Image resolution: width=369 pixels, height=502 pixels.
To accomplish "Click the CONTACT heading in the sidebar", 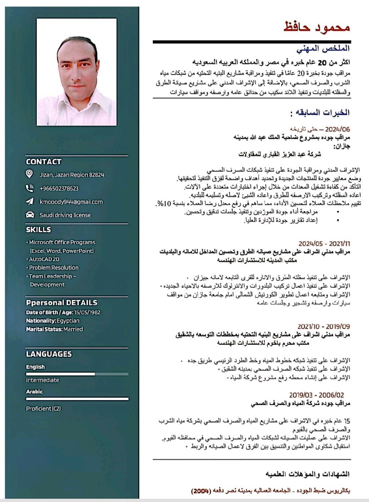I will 44,162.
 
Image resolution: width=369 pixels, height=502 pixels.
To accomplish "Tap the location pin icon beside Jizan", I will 30,174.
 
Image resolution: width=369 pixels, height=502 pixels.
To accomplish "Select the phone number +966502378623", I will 59,188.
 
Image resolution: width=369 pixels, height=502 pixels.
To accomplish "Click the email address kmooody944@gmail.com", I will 71,202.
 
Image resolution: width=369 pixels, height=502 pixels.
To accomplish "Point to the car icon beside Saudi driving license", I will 30,215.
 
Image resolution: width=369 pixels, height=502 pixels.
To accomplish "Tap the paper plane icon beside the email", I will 30,202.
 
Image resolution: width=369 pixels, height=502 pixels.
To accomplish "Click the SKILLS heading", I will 39,230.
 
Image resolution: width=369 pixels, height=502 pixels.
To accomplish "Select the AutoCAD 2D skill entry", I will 44,259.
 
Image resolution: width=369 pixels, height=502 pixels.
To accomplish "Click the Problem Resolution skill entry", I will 53,268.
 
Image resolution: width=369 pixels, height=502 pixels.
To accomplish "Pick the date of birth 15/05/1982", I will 87,312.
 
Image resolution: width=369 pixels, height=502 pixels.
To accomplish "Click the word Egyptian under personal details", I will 68,321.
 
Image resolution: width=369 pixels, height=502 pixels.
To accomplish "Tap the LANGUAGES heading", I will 49,354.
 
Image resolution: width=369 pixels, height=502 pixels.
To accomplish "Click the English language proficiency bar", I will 77,374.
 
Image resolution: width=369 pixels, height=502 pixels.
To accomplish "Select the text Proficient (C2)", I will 43,409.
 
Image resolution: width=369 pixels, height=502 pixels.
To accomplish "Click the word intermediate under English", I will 42,380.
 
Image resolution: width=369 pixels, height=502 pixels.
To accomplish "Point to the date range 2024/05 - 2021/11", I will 324,244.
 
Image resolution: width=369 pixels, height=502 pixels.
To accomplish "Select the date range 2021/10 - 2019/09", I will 324,327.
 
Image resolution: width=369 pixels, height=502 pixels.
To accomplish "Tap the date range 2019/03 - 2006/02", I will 316,395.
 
